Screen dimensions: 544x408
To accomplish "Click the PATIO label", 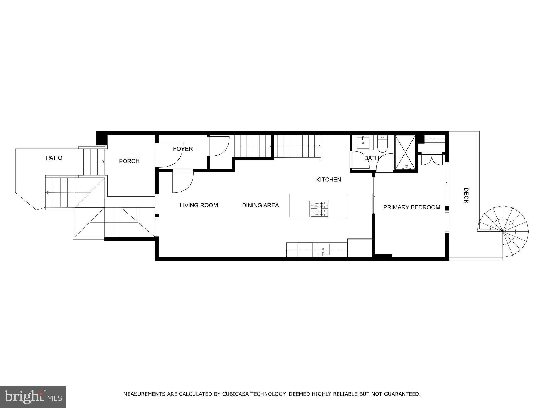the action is coord(54,158).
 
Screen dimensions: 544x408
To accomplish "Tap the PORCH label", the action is coord(129,161).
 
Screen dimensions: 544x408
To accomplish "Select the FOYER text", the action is coord(183,149).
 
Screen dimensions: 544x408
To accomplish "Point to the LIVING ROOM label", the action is coord(199,205).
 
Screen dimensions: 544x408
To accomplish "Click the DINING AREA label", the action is coord(260,205).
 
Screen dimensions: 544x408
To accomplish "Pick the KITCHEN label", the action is coord(329,180).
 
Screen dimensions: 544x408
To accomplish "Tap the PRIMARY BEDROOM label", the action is coord(412,207).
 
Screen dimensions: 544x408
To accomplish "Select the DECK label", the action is coord(466,195).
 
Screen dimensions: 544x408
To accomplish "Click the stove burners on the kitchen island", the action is coord(319,209).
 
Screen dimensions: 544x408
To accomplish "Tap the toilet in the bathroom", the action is coord(382,144).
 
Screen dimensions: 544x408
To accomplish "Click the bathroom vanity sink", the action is coord(363,143).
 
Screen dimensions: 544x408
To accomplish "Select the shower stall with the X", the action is coord(405,152).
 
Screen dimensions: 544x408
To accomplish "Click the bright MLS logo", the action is coord(33,397).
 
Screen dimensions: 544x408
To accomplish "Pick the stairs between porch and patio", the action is coord(95,162).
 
